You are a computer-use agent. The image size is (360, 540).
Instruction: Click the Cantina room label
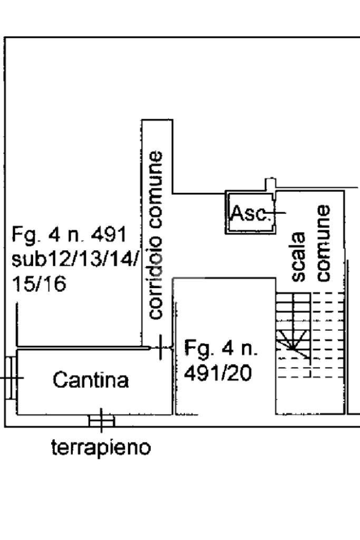91,380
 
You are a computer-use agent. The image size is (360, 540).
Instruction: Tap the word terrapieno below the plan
101,448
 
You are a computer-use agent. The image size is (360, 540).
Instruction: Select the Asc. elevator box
250,212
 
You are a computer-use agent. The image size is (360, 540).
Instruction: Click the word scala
298,257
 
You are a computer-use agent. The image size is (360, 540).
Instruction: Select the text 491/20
218,373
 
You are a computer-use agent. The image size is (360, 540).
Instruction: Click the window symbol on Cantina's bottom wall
101,420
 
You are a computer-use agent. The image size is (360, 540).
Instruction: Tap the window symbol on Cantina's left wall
11,378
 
